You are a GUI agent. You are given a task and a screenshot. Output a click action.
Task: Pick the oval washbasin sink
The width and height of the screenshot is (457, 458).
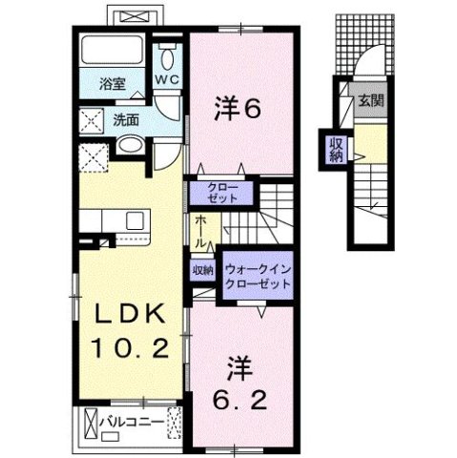click(x=132, y=147)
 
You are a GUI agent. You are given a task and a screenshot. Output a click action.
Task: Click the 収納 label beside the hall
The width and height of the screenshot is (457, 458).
click(x=201, y=271)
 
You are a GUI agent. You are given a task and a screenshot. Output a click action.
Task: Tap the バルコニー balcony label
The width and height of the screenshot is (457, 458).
click(x=133, y=419)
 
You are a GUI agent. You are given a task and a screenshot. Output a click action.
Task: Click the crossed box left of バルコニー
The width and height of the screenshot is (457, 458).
click(x=92, y=420)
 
